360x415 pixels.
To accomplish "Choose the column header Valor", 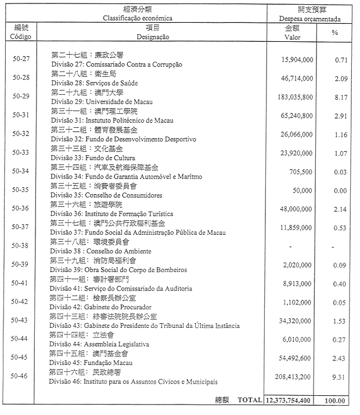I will (292, 37).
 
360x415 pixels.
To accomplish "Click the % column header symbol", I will (334, 33).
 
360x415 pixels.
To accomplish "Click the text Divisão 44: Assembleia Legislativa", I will (99, 344).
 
